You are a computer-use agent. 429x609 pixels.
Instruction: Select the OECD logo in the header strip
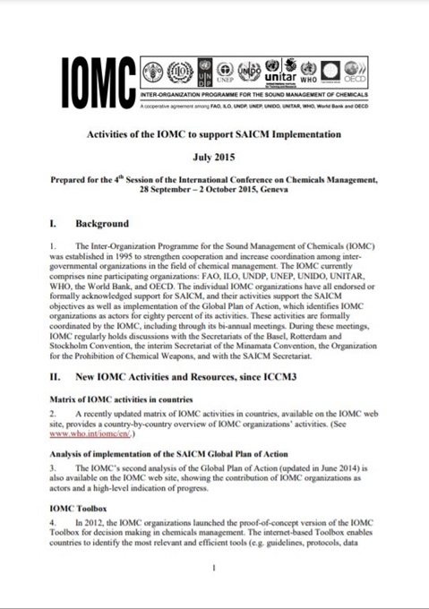point(356,71)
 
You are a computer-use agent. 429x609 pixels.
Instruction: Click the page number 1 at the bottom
point(214,568)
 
